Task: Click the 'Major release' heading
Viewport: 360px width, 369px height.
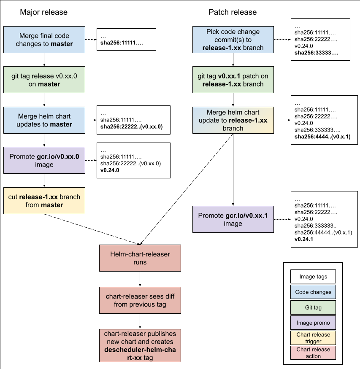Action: (x=43, y=12)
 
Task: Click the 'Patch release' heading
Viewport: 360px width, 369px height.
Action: (x=232, y=12)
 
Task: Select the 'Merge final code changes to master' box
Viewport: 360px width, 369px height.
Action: (x=44, y=40)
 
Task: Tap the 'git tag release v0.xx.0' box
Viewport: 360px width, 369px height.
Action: (x=44, y=80)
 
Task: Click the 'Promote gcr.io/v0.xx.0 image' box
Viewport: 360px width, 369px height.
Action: (x=44, y=160)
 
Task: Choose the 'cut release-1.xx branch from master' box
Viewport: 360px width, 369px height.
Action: (x=44, y=201)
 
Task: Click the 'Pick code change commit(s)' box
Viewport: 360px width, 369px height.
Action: (x=233, y=40)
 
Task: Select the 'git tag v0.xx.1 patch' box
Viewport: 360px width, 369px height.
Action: (x=233, y=80)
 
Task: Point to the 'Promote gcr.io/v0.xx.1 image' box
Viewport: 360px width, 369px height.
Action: (x=233, y=219)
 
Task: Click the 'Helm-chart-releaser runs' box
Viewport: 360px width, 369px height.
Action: (x=140, y=258)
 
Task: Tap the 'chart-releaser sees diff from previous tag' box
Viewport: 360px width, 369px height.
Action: (x=140, y=300)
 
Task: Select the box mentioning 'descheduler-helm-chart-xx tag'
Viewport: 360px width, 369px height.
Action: (x=140, y=345)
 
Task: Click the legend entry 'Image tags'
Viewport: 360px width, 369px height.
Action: (x=313, y=277)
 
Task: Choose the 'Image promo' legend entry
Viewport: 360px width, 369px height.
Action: (x=313, y=323)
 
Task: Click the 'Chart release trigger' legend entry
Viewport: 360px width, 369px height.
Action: (x=313, y=338)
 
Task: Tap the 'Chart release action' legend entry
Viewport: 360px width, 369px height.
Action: (x=313, y=353)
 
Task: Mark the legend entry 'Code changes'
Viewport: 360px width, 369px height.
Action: (x=313, y=292)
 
